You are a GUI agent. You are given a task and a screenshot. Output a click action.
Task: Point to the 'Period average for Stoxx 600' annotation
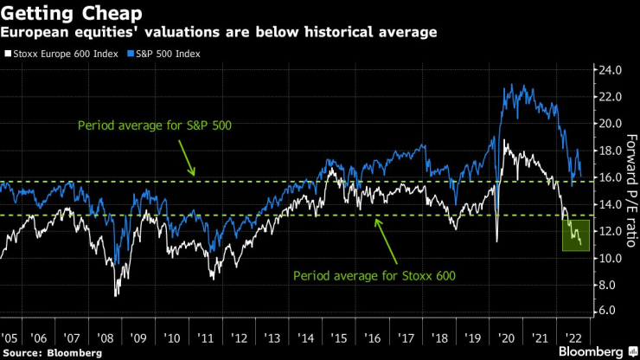coord(374,277)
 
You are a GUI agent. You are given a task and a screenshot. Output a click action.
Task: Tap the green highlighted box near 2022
coord(576,235)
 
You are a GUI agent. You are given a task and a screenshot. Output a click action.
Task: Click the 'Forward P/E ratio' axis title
coord(630,190)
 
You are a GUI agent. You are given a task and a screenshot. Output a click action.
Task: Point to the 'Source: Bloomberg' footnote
coord(52,352)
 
